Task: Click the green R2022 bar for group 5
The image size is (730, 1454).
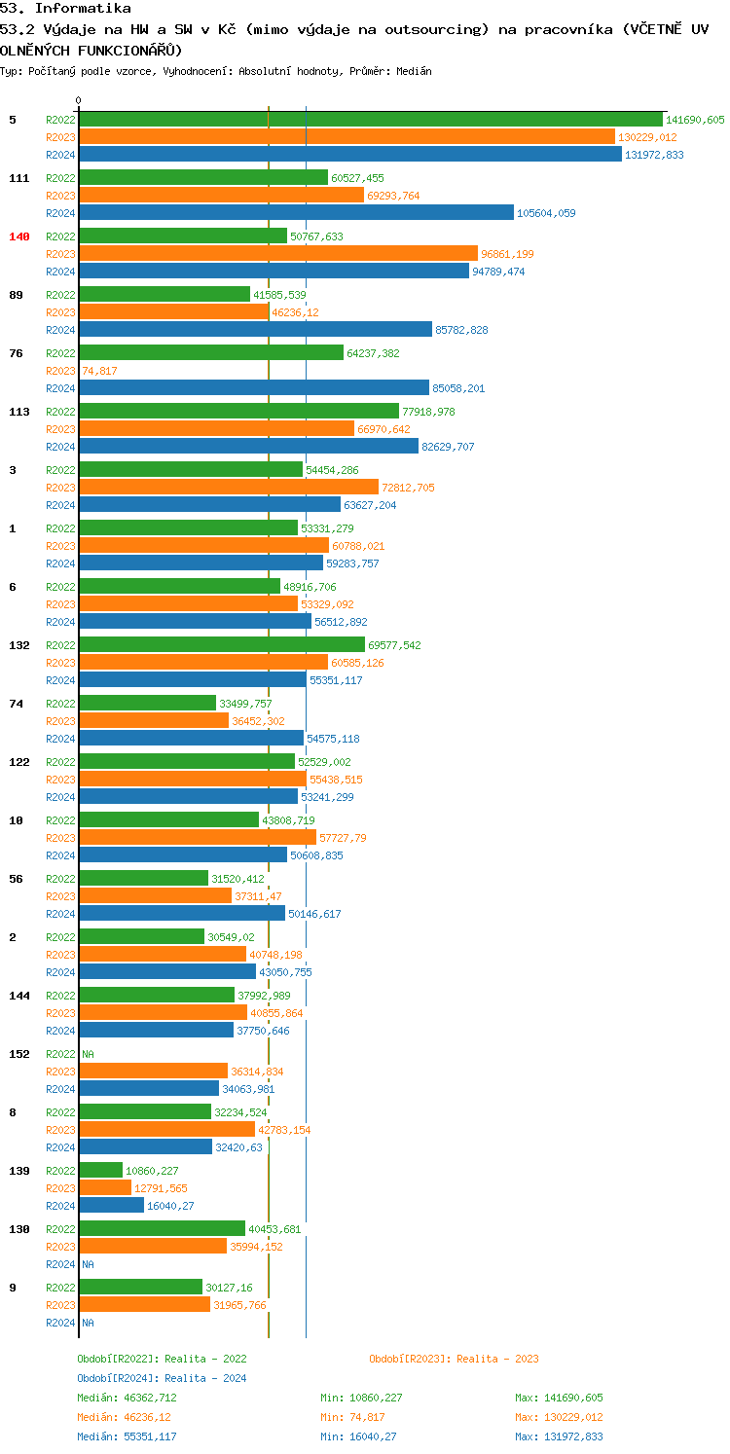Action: coord(370,120)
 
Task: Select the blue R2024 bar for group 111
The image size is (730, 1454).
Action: coord(296,213)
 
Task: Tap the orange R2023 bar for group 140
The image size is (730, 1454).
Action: coord(278,254)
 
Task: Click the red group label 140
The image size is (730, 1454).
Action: coord(19,236)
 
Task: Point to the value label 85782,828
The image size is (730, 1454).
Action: coord(461,330)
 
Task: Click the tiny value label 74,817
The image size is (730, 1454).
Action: coord(99,371)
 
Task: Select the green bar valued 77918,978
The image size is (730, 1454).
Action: coord(238,412)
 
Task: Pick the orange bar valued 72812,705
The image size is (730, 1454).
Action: coord(229,488)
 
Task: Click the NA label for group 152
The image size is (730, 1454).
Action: coord(88,1054)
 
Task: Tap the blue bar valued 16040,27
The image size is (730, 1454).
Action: coord(111,1206)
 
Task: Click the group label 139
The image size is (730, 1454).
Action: coord(19,1171)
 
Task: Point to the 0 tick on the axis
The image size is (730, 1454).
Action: coord(79,100)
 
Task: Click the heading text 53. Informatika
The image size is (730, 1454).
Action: coord(65,8)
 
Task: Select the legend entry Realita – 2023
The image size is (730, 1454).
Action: coord(454,1359)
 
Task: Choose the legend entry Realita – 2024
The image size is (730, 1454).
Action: coord(162,1378)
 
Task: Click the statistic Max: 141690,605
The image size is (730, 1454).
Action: coord(559,1398)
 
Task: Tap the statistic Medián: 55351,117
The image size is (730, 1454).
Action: coord(127,1436)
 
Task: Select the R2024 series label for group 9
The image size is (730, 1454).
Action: coord(60,1323)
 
